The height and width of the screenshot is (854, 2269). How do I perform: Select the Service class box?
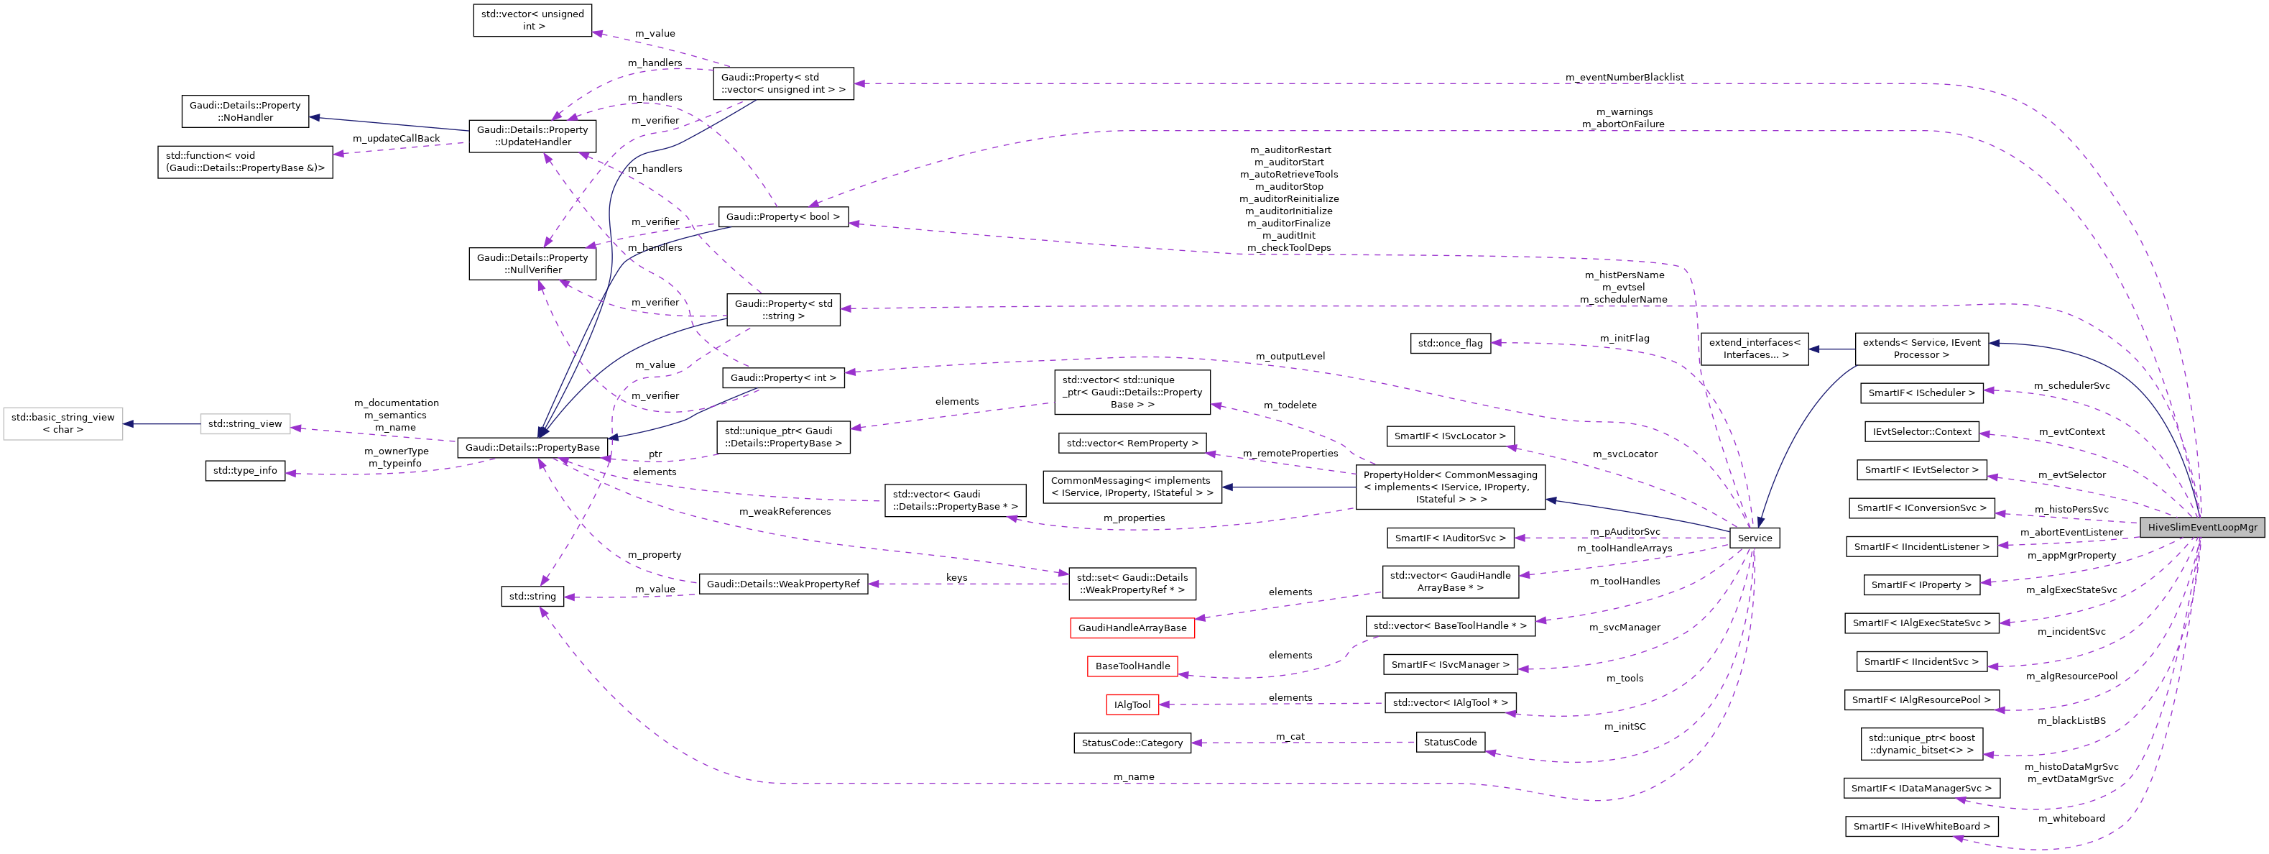click(x=1754, y=538)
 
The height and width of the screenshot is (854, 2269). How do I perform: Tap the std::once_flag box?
click(x=1450, y=343)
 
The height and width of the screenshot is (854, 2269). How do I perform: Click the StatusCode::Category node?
click(x=1132, y=743)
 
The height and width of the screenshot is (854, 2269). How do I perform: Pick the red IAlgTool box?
click(x=1132, y=705)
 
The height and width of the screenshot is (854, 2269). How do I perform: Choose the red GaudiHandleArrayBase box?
click(x=1132, y=628)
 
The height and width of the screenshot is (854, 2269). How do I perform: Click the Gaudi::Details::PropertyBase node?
click(x=532, y=448)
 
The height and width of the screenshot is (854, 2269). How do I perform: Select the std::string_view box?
click(x=245, y=424)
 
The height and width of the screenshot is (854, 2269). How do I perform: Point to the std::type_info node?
click(x=245, y=471)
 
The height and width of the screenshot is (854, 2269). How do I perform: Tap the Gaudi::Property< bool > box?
click(x=783, y=217)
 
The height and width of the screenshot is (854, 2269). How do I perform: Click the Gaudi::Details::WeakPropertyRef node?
click(x=783, y=584)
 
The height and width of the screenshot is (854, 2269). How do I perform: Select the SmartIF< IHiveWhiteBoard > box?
click(x=1921, y=827)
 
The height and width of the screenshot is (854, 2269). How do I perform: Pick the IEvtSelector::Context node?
click(x=1921, y=432)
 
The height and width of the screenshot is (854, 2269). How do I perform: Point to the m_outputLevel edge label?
click(x=1290, y=356)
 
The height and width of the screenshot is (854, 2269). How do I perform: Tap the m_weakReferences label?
click(x=784, y=511)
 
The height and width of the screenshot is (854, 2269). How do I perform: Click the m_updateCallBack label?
click(x=395, y=138)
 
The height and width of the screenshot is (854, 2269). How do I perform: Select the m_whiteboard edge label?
click(x=2071, y=819)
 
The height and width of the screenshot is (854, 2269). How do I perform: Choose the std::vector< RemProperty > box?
click(x=1132, y=444)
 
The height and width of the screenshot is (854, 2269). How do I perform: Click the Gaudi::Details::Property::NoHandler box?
click(x=245, y=111)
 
